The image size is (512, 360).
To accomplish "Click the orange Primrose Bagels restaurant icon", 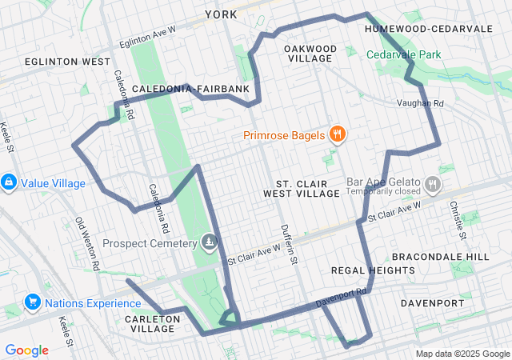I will pos(338,134).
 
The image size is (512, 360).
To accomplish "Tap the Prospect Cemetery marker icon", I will pos(210,242).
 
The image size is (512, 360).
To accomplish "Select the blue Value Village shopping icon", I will pos(9,182).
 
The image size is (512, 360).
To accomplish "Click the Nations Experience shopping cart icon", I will pos(33,302).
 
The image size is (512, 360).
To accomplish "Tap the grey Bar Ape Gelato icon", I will pos(433,186).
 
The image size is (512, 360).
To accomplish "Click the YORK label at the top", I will pos(221,14).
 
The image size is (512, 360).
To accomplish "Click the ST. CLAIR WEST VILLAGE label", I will pos(308,188).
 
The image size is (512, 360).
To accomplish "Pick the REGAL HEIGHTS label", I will pos(373,270).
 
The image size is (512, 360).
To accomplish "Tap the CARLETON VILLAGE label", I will pos(150,323).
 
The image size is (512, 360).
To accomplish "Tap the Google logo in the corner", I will pos(26,350).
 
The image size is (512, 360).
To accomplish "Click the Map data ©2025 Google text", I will pos(461,354).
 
